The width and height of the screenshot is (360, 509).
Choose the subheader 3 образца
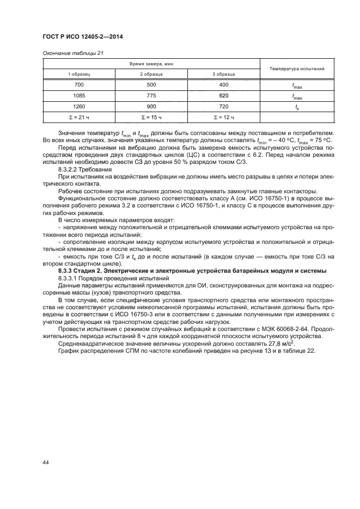(x=224, y=73)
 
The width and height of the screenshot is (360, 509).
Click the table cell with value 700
(x=79, y=84)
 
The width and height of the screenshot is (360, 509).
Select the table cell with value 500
(x=151, y=84)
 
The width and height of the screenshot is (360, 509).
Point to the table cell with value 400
(x=224, y=84)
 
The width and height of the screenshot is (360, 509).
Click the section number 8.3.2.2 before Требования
(x=68, y=171)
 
